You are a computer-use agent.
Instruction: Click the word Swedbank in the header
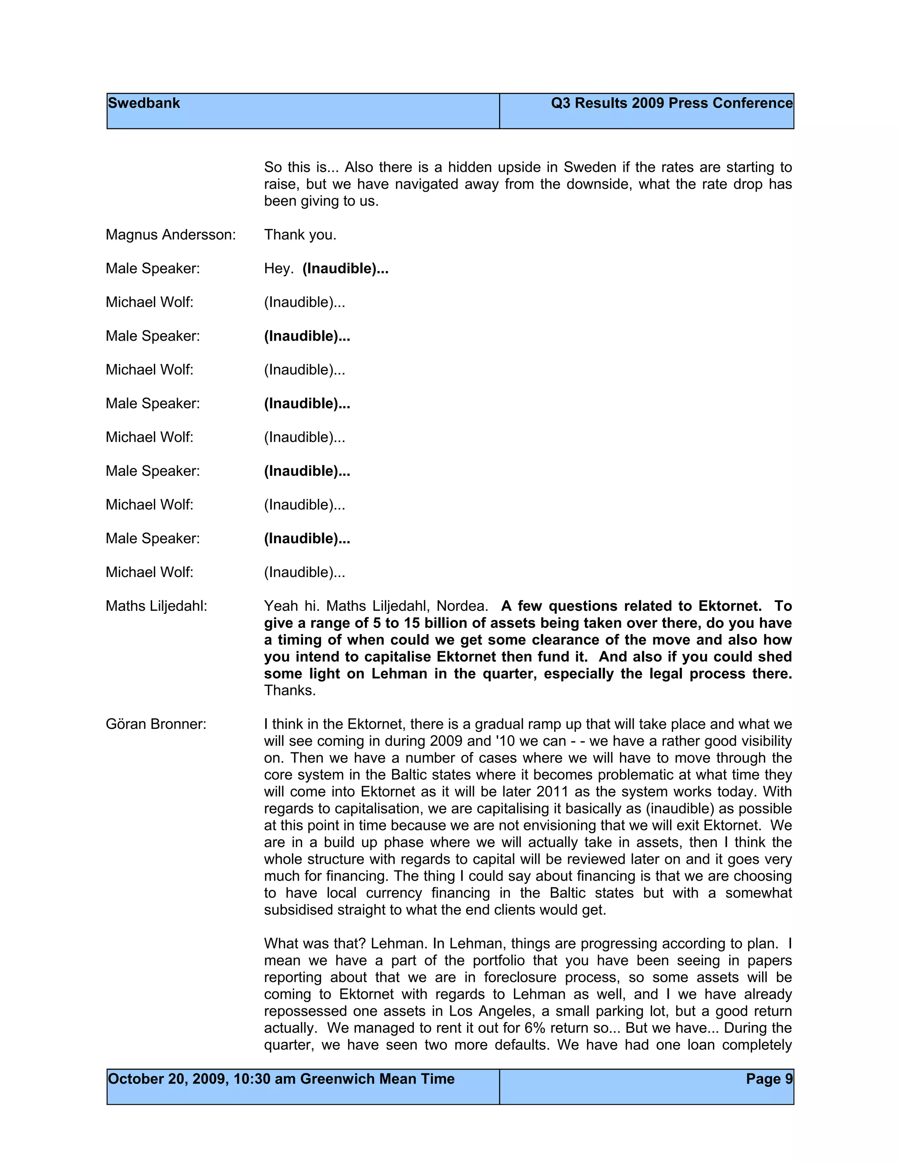(144, 103)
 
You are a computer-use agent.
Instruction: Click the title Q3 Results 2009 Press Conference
(671, 103)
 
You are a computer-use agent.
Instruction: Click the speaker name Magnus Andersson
(170, 235)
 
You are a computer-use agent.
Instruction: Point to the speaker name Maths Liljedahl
(157, 606)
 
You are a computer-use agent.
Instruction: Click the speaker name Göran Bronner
(156, 724)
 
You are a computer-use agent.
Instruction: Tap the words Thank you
(300, 235)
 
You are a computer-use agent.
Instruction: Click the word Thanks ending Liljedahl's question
(290, 691)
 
